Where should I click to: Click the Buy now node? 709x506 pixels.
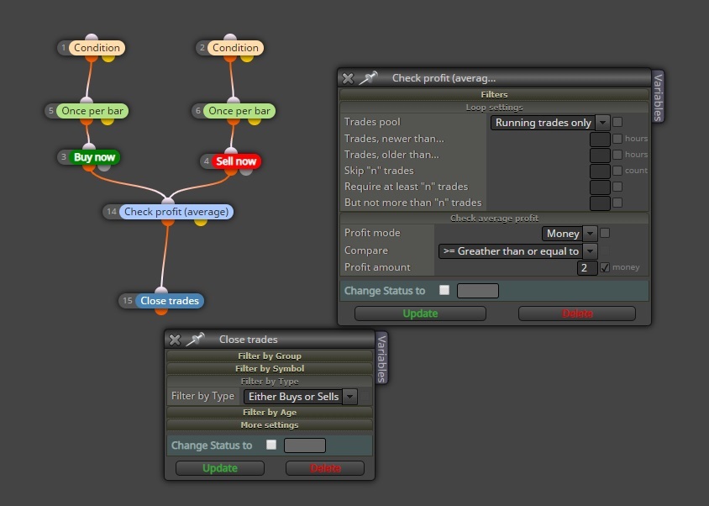coord(94,157)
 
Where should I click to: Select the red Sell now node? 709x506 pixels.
coord(236,161)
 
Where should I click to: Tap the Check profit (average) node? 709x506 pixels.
coord(176,212)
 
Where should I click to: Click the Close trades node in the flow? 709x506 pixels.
coord(170,301)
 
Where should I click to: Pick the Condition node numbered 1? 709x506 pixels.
coord(97,48)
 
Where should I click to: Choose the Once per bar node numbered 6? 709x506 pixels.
coord(239,111)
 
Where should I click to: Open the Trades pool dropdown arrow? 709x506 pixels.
coord(601,122)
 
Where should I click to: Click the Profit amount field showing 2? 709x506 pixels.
coord(587,267)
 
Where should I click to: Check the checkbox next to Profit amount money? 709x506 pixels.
coord(605,267)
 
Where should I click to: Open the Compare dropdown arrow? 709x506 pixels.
coord(590,251)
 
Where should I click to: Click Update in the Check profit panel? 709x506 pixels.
coord(420,314)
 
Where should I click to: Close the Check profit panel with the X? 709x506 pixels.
coord(348,78)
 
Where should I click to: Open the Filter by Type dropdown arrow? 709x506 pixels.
coord(349,397)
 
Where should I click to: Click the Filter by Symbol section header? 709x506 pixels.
coord(270,368)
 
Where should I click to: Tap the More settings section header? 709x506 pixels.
coord(270,425)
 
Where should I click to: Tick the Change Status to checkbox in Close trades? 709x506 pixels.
coord(271,445)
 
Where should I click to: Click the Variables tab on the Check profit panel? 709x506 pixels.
coord(658,97)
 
